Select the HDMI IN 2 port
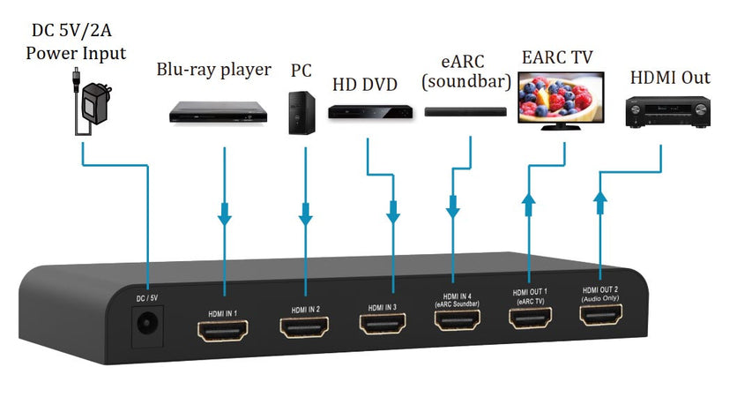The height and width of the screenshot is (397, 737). click(x=305, y=327)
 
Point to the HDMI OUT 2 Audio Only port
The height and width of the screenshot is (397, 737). click(x=602, y=314)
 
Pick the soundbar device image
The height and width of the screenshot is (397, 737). click(x=465, y=112)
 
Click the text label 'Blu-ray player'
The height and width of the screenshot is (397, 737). click(x=213, y=70)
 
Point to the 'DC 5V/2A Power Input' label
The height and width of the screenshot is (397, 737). click(x=76, y=41)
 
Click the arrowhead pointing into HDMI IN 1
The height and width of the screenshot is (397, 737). click(x=225, y=214)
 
